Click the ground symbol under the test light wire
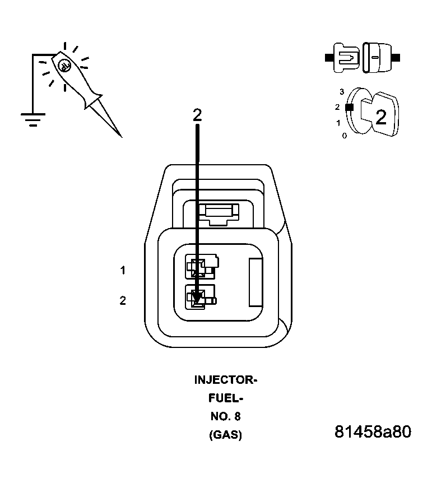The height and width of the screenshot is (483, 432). pos(33,119)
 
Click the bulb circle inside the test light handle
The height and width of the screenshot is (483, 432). pos(64,66)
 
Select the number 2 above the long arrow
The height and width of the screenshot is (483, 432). pos(197,115)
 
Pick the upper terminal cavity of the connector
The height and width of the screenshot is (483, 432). pos(199,267)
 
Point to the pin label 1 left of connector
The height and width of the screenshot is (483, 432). pos(123,271)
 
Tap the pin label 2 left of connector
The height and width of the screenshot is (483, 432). pos(123,301)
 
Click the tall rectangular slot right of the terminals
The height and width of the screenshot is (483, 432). pos(255,282)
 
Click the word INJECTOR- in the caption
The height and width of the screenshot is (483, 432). pos(225,380)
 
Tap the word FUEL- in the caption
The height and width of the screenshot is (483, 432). pos(225,398)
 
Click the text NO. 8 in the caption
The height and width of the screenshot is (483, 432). pos(225,416)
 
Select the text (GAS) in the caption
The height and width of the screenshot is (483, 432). pos(225,435)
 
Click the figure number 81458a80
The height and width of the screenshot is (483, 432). pos(373,432)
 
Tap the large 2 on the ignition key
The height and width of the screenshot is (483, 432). pos(381,117)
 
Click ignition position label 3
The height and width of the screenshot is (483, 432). pos(341,91)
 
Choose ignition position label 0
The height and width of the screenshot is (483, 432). pos(344,136)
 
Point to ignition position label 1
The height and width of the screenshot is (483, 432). pos(338,122)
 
